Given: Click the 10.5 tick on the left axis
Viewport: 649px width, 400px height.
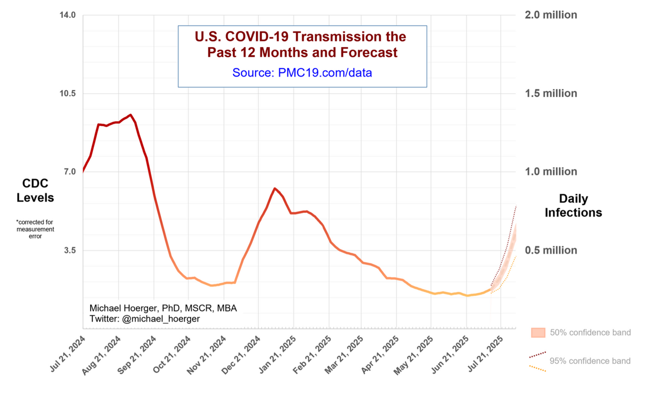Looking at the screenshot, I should (68, 93).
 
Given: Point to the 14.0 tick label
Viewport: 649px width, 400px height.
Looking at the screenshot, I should (68, 15).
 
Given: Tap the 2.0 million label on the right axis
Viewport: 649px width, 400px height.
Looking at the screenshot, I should (551, 15).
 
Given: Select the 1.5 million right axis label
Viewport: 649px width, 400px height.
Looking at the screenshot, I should (551, 93).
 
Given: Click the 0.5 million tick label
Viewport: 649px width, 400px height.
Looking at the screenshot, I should (551, 250).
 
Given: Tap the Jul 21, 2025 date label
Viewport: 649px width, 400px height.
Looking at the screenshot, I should (487, 355).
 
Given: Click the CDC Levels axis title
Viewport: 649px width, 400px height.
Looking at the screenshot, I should (35, 191).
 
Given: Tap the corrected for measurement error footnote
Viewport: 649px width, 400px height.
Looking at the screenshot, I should (35, 229).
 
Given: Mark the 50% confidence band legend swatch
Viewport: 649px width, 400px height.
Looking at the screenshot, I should (537, 333).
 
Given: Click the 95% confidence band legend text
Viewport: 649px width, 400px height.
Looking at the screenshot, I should (590, 361).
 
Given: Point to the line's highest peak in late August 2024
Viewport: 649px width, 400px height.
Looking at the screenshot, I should (130, 115).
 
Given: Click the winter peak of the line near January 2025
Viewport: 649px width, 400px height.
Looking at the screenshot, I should (274, 189).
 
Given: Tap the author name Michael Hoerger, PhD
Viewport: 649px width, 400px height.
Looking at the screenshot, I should (133, 309).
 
